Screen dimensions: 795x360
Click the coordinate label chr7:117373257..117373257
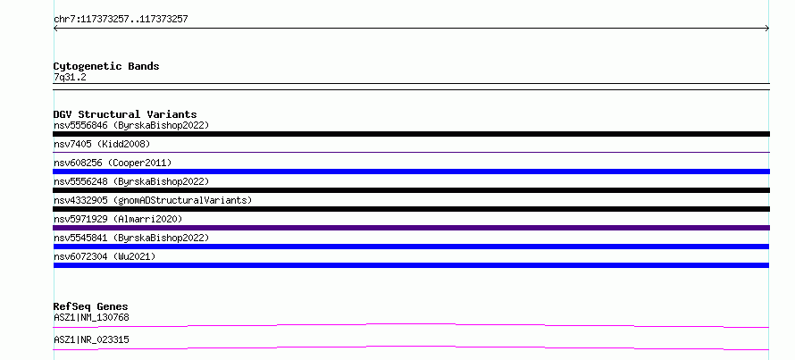(x=121, y=20)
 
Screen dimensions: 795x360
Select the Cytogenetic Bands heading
(x=106, y=66)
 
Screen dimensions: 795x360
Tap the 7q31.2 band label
(x=70, y=77)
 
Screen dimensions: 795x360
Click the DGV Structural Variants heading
(x=125, y=114)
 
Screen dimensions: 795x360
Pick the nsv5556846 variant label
(x=131, y=125)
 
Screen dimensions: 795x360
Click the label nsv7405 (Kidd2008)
(x=102, y=144)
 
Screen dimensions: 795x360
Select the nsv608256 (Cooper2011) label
(x=113, y=163)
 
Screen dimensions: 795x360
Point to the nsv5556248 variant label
(x=131, y=181)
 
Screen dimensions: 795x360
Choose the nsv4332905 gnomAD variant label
(x=153, y=200)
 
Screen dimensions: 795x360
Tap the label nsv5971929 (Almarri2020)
(x=118, y=219)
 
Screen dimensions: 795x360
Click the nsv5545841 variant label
(x=131, y=238)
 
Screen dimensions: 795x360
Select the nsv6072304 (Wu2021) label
(x=105, y=256)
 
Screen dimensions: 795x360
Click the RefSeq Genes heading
(x=91, y=306)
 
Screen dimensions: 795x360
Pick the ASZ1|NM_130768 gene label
(x=91, y=318)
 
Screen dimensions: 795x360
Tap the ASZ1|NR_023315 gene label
(x=91, y=339)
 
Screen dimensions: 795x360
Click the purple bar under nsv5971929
(x=411, y=228)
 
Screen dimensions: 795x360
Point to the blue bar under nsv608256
(x=411, y=172)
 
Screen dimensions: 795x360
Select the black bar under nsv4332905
(x=411, y=209)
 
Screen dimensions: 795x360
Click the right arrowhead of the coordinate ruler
(x=768, y=29)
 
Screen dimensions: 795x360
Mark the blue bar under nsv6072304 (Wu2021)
(x=411, y=265)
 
